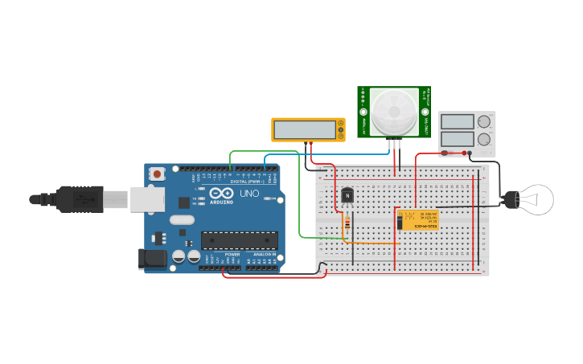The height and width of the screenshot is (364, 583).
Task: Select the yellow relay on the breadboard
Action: (418, 219)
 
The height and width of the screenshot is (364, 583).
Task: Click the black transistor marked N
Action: (347, 194)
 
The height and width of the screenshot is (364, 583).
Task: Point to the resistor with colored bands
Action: (347, 224)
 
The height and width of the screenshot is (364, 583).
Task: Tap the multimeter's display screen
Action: (305, 129)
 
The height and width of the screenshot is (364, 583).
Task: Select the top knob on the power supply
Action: (483, 122)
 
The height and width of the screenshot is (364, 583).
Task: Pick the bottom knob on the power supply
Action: (483, 139)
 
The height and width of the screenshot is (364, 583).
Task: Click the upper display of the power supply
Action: (457, 122)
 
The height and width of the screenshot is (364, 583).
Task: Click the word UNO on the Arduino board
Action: (249, 194)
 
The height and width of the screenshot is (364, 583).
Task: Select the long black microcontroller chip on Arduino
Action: (239, 239)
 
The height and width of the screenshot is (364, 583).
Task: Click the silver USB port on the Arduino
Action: (147, 199)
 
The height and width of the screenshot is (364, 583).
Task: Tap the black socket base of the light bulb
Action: (509, 199)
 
